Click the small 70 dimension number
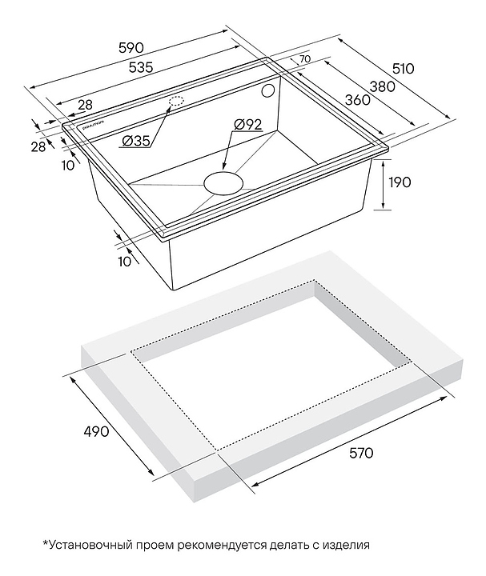click(306, 60)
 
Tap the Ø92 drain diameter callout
click(249, 124)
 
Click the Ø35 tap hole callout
click(137, 142)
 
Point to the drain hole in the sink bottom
click(224, 182)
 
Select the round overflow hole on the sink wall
click(270, 91)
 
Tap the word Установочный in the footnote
click(89, 546)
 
